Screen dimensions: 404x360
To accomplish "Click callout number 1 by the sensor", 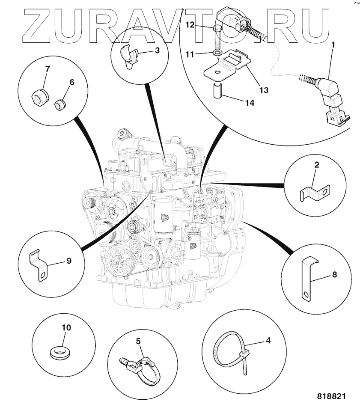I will [333, 44].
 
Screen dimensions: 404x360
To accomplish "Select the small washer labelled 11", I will [218, 53].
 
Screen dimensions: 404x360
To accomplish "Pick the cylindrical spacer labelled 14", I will [216, 91].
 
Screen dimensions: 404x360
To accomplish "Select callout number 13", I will [264, 90].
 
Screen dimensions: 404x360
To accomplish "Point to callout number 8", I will [334, 274].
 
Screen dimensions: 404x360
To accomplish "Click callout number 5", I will [138, 341].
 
